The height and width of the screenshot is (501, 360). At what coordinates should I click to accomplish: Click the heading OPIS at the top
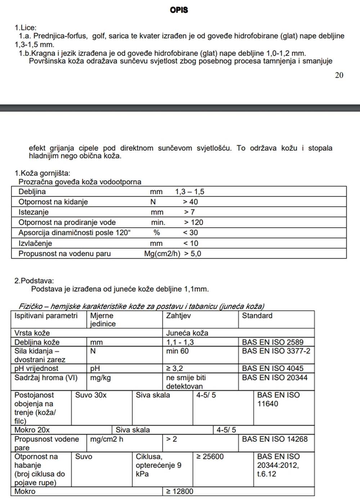coord(179,10)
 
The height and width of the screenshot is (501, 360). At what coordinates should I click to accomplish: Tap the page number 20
coord(339,75)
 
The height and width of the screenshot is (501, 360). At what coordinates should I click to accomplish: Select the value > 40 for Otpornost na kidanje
coord(190,202)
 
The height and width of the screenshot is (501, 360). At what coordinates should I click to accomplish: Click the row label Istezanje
coord(33,212)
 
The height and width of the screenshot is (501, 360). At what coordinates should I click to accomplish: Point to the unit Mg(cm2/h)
coord(162,254)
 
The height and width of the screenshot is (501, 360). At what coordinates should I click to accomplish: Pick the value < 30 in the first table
coord(190,233)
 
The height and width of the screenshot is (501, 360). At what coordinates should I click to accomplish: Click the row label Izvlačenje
coord(35,243)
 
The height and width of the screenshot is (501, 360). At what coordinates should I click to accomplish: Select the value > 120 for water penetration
coord(193,223)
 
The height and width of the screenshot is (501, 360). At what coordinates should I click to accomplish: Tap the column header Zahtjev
coord(178,316)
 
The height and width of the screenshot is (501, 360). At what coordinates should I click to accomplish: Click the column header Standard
coord(257,316)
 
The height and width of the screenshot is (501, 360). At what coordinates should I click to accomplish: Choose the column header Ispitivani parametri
coord(46,316)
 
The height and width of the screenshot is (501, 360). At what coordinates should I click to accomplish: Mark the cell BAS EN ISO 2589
coord(273,342)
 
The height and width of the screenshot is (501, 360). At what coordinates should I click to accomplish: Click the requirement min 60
coord(177,351)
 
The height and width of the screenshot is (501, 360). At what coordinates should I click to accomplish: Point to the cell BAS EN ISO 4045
coord(273,368)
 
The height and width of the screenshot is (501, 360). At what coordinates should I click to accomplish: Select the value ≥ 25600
coord(210,457)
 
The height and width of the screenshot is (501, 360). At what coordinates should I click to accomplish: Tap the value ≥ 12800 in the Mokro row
coord(180,491)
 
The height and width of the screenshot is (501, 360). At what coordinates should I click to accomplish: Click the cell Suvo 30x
coord(91,395)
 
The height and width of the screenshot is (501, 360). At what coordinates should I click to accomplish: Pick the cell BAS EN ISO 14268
coord(275,439)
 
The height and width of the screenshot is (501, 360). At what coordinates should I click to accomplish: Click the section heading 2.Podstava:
coord(34,281)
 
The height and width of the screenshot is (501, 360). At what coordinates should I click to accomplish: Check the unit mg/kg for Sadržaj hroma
coord(100,378)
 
